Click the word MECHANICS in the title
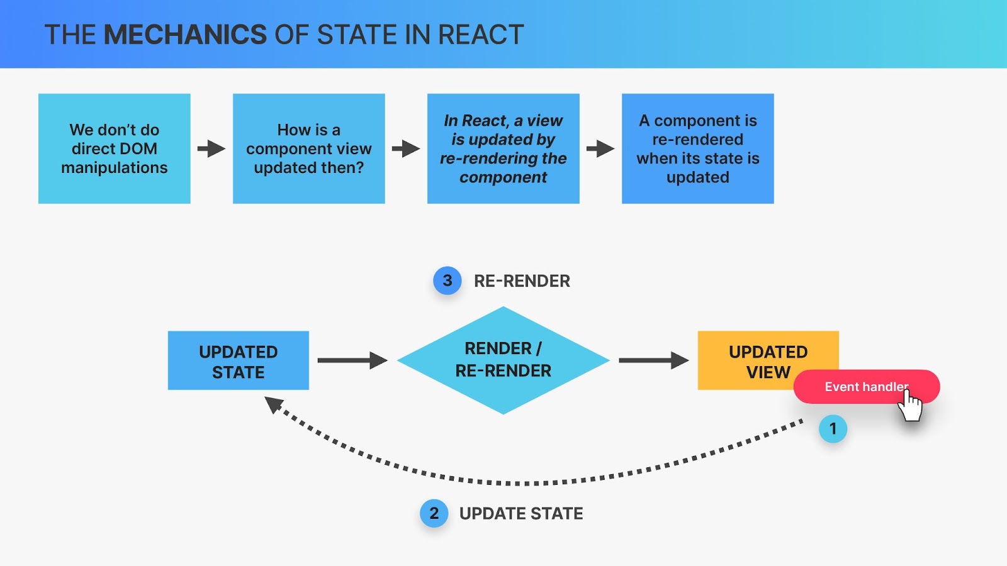tap(185, 35)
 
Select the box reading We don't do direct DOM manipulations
tap(114, 148)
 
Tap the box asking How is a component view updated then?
tap(309, 148)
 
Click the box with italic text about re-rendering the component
tap(503, 148)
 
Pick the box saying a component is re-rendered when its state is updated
tap(698, 148)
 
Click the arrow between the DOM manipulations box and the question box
tap(211, 148)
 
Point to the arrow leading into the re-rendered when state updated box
tap(600, 148)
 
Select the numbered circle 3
tap(447, 280)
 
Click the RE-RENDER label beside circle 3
tap(522, 281)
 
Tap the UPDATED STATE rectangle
tap(239, 360)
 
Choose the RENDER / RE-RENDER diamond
tap(503, 360)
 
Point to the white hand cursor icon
tap(910, 406)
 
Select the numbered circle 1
tap(833, 429)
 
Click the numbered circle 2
tap(434, 513)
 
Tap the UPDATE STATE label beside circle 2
tap(521, 513)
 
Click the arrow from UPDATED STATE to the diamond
tap(352, 360)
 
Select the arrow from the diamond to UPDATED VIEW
tap(654, 360)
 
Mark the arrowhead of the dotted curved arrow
tap(273, 404)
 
